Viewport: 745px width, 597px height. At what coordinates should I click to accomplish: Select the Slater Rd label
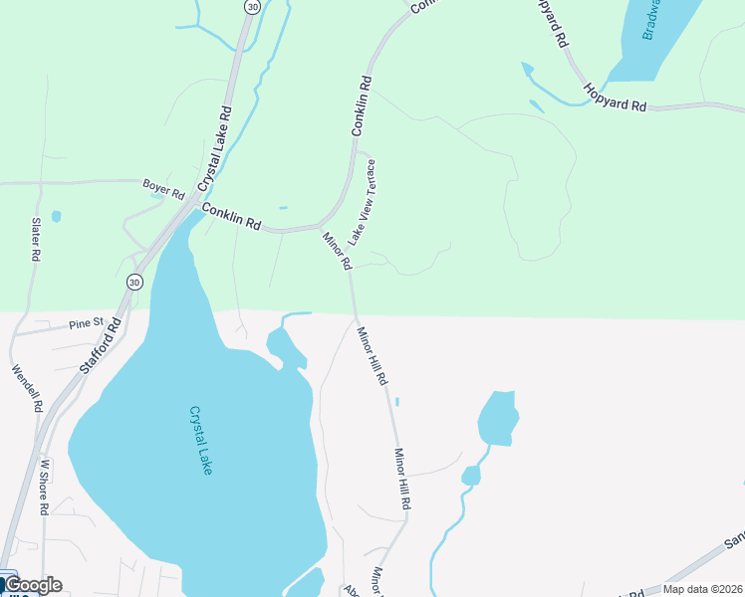[35, 239]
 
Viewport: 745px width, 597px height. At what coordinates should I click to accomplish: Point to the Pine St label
[87, 323]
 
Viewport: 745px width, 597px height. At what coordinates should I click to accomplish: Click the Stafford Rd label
[99, 344]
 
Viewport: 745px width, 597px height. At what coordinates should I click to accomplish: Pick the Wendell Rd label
[27, 388]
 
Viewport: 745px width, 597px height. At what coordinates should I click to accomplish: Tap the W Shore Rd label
[44, 487]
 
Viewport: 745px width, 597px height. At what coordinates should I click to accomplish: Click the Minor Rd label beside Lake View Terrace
[337, 251]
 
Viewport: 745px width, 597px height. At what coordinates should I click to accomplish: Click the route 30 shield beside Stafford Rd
[134, 283]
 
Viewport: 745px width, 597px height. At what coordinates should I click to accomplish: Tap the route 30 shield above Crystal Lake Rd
[252, 6]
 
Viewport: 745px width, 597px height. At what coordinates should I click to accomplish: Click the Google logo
[32, 585]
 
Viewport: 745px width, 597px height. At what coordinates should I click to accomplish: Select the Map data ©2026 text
[700, 589]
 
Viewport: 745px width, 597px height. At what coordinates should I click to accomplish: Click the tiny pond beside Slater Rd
[56, 216]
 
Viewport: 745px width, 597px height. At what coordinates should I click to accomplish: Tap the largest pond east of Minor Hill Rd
[497, 417]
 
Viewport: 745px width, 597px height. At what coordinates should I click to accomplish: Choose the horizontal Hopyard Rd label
[616, 97]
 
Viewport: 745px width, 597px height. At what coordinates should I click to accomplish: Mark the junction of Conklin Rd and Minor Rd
[319, 226]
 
